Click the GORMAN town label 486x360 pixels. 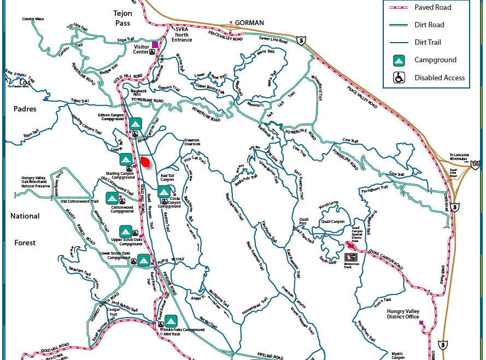249,23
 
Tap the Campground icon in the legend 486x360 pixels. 399,60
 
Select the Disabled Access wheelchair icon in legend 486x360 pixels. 399,78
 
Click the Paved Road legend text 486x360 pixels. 433,7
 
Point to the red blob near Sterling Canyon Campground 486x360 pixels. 145,162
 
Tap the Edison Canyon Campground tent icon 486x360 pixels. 135,123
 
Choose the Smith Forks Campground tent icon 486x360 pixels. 171,320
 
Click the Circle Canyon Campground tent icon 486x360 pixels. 164,192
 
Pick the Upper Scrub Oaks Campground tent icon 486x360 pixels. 126,231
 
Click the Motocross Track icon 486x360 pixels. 351,257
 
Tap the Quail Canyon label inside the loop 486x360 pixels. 333,221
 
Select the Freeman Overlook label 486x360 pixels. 192,141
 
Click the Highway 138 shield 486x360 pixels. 476,164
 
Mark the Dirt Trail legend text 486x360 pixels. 428,42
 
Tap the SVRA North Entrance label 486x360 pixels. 181,34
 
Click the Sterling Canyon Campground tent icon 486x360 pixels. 126,159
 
